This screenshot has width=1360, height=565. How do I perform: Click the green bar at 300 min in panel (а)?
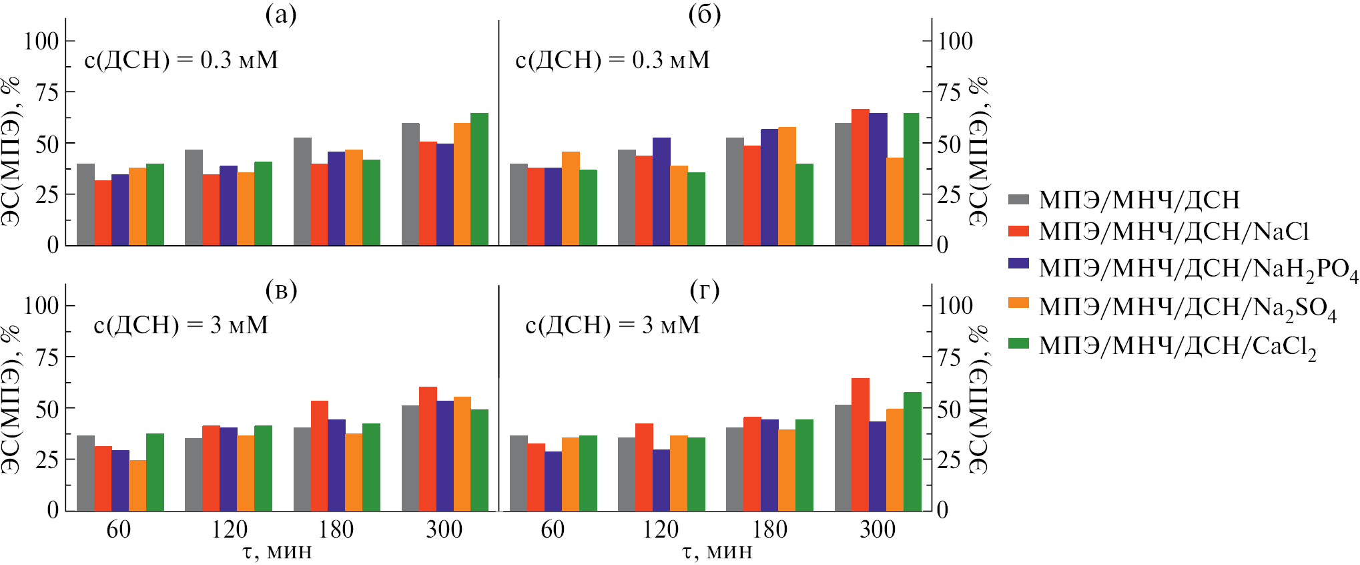click(479, 179)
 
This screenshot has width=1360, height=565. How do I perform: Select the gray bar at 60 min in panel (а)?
click(85, 204)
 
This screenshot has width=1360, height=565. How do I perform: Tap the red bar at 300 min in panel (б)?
click(860, 177)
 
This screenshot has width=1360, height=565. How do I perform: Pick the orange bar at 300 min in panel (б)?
click(895, 201)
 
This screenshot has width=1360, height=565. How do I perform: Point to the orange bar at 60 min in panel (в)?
click(137, 485)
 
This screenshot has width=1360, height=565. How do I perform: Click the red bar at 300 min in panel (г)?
click(860, 444)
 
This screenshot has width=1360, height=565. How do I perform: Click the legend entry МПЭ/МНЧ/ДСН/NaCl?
click(1173, 231)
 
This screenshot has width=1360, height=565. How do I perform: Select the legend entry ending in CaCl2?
click(1177, 346)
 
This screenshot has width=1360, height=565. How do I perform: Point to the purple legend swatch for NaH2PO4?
click(1018, 264)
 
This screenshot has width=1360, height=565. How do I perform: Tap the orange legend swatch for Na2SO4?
click(1018, 303)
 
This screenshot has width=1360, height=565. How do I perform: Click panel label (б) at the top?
click(705, 14)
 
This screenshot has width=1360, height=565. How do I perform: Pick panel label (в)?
click(281, 291)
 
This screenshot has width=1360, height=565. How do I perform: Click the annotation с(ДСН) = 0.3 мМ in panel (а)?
click(181, 60)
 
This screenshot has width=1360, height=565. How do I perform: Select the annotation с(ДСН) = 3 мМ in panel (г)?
click(613, 325)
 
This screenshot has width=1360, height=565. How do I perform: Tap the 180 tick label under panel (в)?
click(336, 530)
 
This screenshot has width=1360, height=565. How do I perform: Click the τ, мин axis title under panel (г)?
click(717, 552)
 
